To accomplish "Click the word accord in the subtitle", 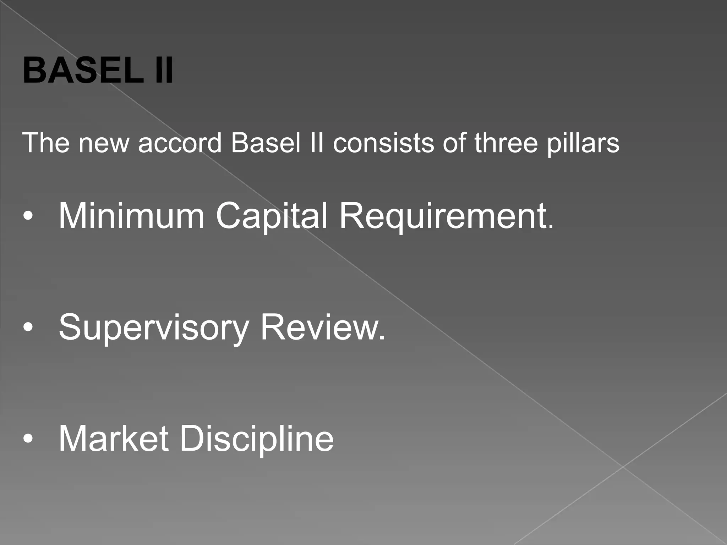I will click(x=180, y=143).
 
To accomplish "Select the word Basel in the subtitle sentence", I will click(x=266, y=143).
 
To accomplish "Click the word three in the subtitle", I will click(x=506, y=143).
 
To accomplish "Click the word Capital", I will click(x=272, y=216).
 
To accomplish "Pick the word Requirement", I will click(x=443, y=216).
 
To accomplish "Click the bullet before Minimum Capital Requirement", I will click(x=28, y=217).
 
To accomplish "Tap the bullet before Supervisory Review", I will click(x=28, y=328).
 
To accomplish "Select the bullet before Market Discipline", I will click(x=28, y=440).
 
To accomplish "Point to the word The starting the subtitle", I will click(x=46, y=143).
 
